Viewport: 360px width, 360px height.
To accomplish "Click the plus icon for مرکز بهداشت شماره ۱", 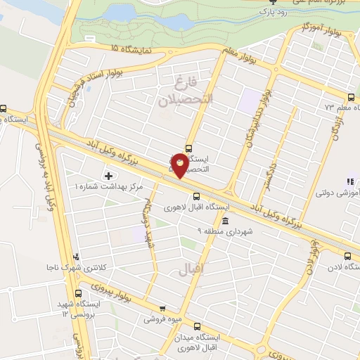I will [x=108, y=174].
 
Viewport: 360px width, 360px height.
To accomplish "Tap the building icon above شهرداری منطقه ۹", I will [x=224, y=221].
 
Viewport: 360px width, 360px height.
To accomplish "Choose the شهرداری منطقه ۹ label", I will [x=210, y=231].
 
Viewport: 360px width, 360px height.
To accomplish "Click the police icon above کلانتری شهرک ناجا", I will [x=76, y=257].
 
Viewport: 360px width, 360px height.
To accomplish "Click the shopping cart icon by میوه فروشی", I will [x=162, y=308].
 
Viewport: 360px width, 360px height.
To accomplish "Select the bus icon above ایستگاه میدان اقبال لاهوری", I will [x=196, y=327].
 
